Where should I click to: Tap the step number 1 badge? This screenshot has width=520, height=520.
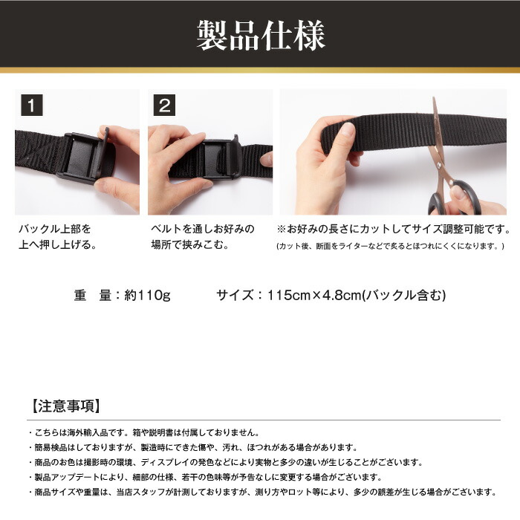click(31, 105)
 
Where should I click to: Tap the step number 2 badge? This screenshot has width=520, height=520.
click(163, 105)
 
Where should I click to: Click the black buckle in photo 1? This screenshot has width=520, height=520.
click(82, 155)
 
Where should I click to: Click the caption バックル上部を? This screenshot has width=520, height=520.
click(55, 228)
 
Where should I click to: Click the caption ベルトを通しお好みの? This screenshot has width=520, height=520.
click(202, 228)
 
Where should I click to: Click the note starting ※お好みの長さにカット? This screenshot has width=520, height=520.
click(394, 228)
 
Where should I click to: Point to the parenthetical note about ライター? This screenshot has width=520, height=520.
click(391, 246)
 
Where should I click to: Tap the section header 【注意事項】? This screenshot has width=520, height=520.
click(67, 406)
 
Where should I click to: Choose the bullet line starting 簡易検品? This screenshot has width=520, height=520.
click(193, 447)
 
